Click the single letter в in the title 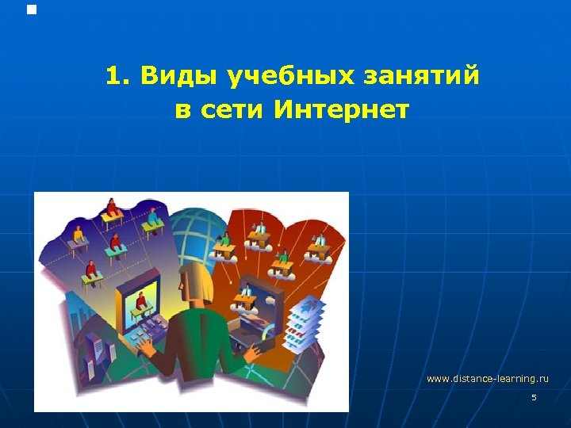click(182, 110)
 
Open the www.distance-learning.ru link click(487, 379)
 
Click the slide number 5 click(534, 397)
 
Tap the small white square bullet click(32, 10)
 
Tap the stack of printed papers click(304, 325)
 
